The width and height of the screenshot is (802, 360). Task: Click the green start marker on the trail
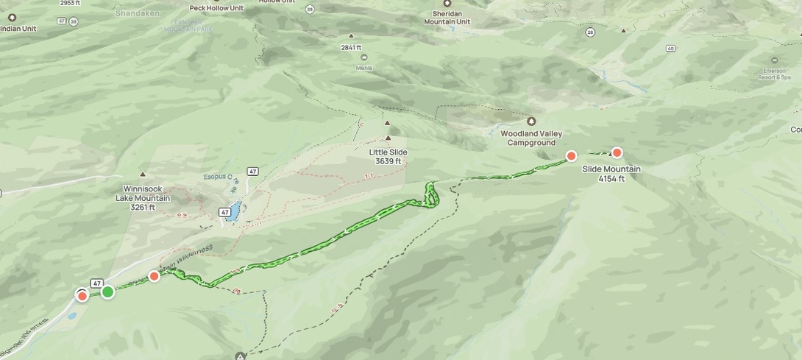click(x=107, y=292)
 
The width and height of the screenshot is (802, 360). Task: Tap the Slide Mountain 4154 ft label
click(x=611, y=174)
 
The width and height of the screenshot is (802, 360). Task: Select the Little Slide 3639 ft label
click(x=388, y=157)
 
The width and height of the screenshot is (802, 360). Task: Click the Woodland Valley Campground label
click(x=531, y=138)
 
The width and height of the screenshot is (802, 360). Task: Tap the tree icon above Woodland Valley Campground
click(x=531, y=121)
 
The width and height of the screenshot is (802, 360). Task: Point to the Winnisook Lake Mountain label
click(x=143, y=198)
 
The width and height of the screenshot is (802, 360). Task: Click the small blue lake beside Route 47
click(x=233, y=212)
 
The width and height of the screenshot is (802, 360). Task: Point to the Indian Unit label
click(x=18, y=29)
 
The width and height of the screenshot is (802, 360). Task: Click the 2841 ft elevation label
click(x=351, y=48)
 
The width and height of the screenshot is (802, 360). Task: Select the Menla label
click(x=363, y=68)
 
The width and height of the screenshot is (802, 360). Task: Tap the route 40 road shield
click(x=670, y=49)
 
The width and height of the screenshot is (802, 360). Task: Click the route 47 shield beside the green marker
click(x=96, y=283)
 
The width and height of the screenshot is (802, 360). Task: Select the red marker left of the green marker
click(x=82, y=296)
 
